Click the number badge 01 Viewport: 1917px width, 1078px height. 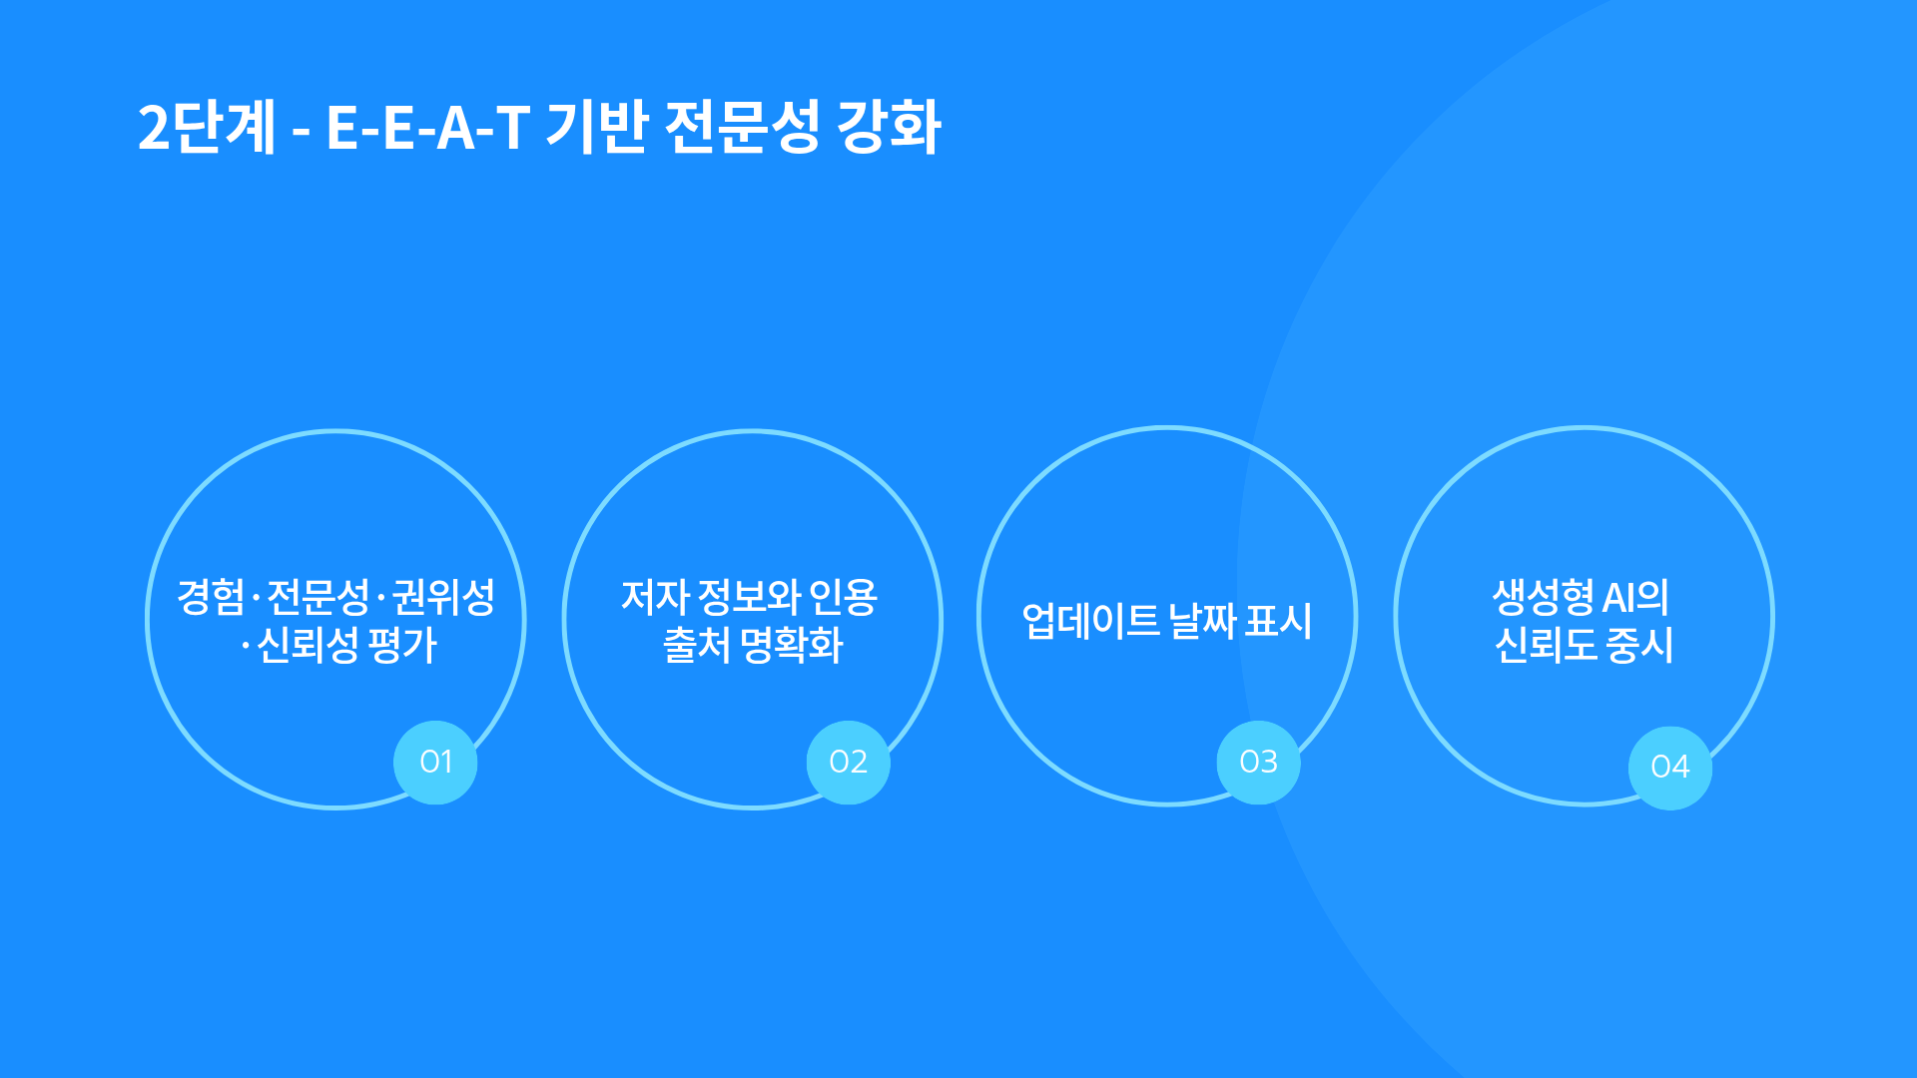coord(435,763)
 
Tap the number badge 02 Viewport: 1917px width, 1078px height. coord(848,763)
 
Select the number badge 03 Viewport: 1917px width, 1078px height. coord(1258,763)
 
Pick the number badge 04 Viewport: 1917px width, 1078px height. coord(1670,768)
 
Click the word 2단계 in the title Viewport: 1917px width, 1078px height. coord(207,128)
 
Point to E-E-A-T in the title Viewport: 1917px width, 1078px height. coord(427,129)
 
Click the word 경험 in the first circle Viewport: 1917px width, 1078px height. coord(211,597)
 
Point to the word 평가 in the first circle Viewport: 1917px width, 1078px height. coord(402,645)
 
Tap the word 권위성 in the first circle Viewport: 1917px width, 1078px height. coord(443,597)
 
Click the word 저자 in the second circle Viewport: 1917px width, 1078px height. coord(655,597)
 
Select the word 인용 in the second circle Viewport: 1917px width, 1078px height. coord(843,597)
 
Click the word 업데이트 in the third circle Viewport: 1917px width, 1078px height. coord(1090,621)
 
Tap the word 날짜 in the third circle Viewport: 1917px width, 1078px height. coord(1203,621)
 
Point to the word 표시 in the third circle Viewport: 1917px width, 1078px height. coord(1279,621)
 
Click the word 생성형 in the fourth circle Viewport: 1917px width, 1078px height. coord(1544,597)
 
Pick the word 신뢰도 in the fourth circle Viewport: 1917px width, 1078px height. coord(1546,645)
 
